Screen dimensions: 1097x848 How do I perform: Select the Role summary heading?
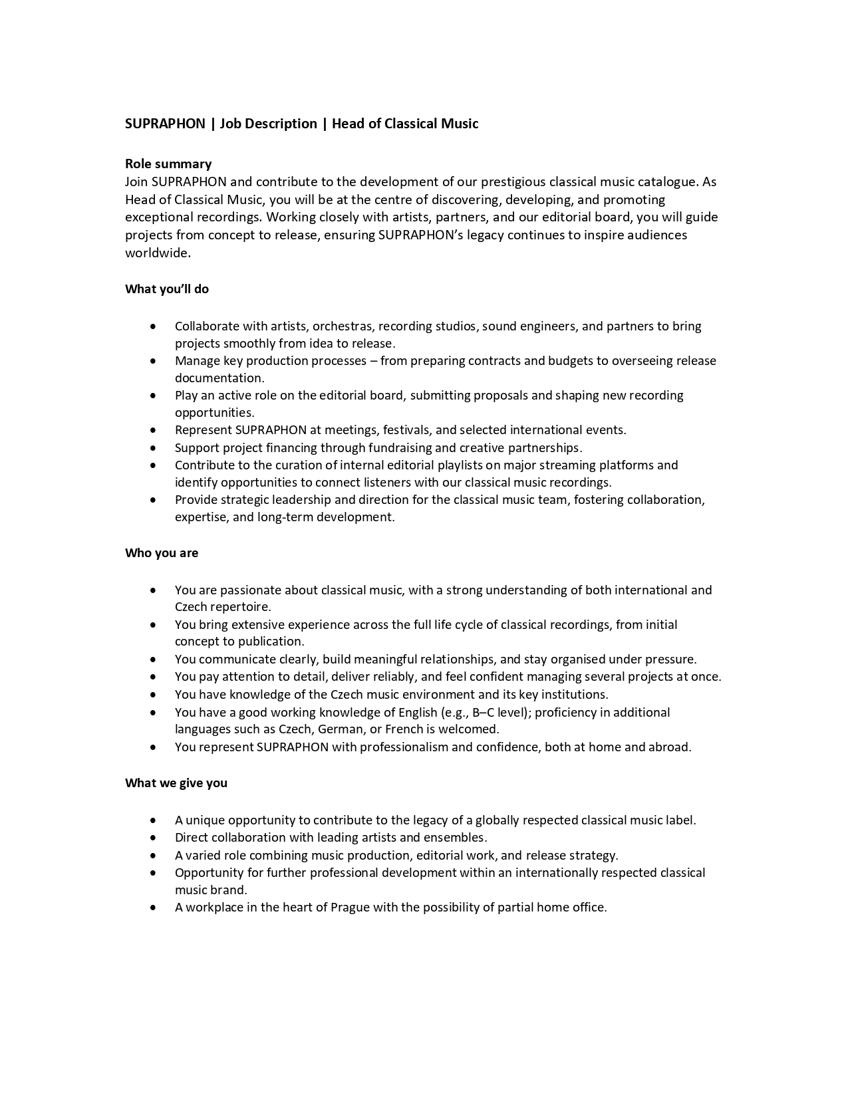tap(168, 164)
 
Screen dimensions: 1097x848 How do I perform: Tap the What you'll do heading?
tap(167, 289)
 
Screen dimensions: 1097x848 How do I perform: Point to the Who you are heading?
tap(162, 553)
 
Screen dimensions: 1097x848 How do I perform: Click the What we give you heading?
tap(176, 783)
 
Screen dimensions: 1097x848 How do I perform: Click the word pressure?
tap(668, 660)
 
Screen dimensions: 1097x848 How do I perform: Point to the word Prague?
tap(350, 908)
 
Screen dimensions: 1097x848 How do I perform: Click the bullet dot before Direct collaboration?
tap(154, 838)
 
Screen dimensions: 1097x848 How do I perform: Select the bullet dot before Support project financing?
tap(154, 448)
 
